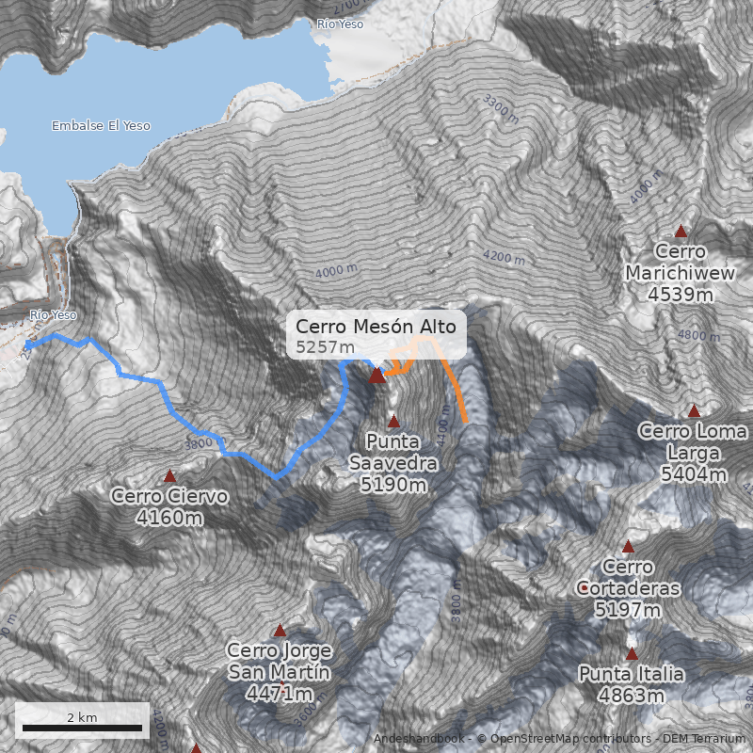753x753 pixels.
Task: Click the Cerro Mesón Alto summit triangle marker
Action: pos(377,376)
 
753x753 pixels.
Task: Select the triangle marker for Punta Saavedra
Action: pos(393,422)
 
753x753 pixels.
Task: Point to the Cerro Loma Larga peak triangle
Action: pos(694,411)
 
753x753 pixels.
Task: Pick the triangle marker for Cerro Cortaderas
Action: pos(628,547)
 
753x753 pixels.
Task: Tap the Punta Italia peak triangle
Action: pos(632,654)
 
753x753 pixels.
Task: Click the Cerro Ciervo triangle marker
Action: pos(170,476)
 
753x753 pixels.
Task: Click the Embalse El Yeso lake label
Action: pos(101,126)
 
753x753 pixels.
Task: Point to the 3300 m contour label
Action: pos(500,108)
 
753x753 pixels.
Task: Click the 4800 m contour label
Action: pos(697,336)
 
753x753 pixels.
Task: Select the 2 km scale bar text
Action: pos(82,717)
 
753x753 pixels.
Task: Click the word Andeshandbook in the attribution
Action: pos(420,739)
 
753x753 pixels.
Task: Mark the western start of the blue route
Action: pos(27,346)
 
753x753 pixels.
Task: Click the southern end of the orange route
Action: pos(465,420)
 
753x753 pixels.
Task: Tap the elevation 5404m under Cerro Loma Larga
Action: pos(694,474)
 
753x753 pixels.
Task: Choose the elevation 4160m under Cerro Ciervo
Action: pos(169,518)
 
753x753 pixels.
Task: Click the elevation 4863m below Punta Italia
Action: pos(632,697)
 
